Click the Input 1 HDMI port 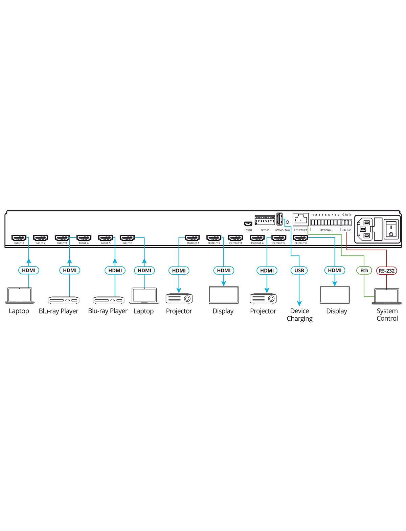click(19, 238)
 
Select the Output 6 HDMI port click(300, 238)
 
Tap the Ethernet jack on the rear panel click(301, 220)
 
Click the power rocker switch click(391, 229)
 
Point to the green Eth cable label click(364, 270)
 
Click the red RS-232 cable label click(386, 271)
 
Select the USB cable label click(299, 270)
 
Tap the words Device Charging click(299, 315)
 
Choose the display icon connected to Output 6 click(335, 295)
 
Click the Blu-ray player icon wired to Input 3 click(63, 300)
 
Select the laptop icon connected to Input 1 click(20, 295)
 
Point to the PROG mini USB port click(248, 224)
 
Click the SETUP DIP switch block click(265, 220)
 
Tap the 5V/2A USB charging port click(279, 219)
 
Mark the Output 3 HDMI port click(235, 238)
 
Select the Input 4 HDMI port click(84, 238)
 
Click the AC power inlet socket click(364, 229)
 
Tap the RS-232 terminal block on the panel click(346, 223)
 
